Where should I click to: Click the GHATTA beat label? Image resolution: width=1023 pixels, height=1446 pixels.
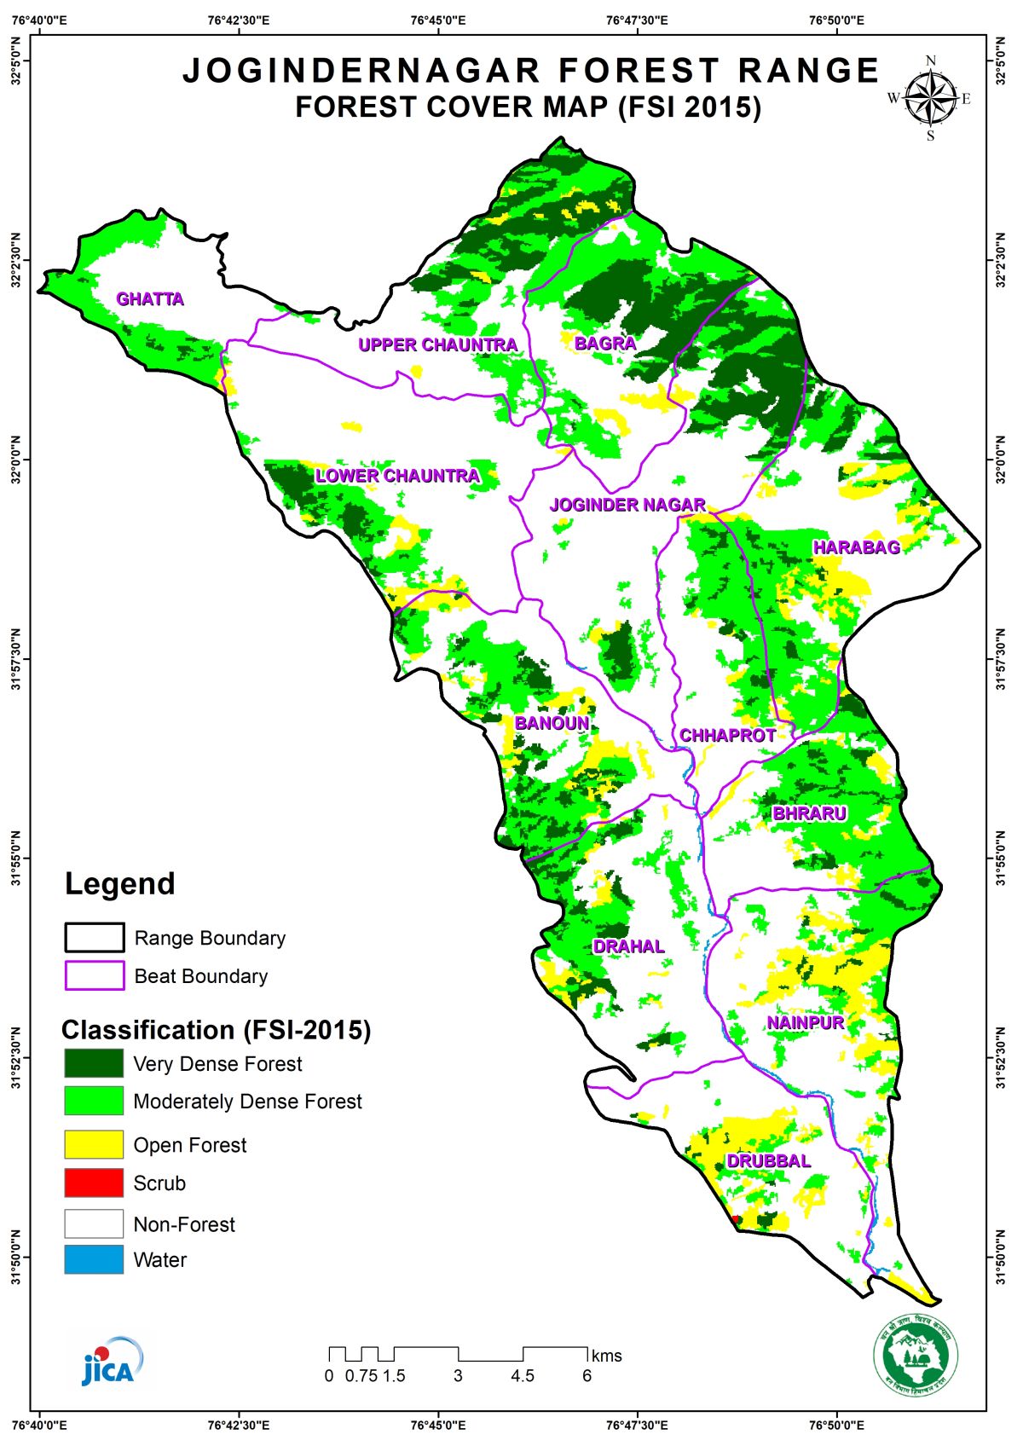click(x=150, y=299)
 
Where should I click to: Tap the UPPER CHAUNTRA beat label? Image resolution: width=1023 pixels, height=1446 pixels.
click(x=437, y=345)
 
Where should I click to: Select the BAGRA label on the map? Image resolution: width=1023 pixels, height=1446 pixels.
click(x=604, y=344)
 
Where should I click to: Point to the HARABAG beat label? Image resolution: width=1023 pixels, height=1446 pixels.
click(x=856, y=547)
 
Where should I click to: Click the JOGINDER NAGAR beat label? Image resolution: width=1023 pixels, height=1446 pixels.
click(x=627, y=505)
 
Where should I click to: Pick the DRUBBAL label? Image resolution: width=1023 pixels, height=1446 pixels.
click(x=768, y=1161)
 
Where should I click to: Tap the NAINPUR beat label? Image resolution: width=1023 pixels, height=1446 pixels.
click(x=805, y=1022)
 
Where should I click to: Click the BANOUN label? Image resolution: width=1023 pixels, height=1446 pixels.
click(x=552, y=723)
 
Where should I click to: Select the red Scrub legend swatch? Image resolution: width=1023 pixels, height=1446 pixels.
click(x=94, y=1183)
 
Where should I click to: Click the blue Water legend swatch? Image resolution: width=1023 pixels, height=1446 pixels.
click(x=94, y=1259)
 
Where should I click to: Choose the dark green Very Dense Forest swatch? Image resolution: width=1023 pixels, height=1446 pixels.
click(x=94, y=1063)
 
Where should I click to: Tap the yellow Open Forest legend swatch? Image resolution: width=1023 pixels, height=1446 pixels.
click(x=94, y=1144)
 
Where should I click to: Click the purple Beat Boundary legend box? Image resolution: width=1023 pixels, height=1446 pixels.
click(x=94, y=976)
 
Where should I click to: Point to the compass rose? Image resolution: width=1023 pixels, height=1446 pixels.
click(x=930, y=98)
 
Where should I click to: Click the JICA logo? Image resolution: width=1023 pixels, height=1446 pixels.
click(x=110, y=1362)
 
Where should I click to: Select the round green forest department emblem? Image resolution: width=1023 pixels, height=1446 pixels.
click(x=915, y=1356)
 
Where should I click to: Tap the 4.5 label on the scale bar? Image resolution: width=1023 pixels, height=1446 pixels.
click(x=523, y=1376)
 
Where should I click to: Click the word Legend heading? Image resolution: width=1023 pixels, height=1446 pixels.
click(x=120, y=884)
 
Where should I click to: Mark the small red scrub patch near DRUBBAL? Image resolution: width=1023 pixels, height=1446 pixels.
click(x=737, y=1221)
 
